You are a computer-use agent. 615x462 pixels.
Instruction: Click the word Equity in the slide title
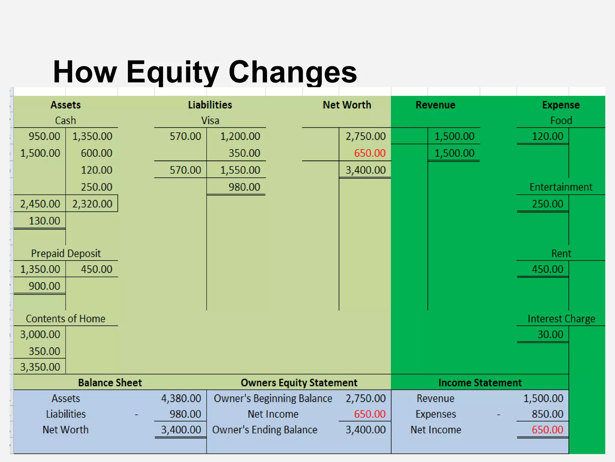click(x=172, y=72)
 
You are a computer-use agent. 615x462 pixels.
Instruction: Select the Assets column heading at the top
click(x=65, y=105)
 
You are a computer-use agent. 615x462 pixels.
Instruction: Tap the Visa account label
click(x=210, y=121)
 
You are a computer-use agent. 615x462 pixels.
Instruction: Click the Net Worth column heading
click(x=347, y=105)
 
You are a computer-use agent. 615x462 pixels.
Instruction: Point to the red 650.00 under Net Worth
click(x=370, y=153)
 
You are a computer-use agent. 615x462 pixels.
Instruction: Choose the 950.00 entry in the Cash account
click(x=44, y=136)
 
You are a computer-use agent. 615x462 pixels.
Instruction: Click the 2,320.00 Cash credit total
click(x=92, y=204)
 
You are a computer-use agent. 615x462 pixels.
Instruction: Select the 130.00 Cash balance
click(x=44, y=221)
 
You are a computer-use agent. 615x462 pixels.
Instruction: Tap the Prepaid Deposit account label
click(x=66, y=254)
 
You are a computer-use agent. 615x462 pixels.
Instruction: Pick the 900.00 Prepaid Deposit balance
click(x=44, y=286)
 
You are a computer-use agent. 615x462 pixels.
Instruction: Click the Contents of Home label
click(x=65, y=319)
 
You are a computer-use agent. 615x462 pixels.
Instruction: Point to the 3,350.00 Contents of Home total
click(x=40, y=367)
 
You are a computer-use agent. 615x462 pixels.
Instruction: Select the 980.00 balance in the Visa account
click(x=244, y=187)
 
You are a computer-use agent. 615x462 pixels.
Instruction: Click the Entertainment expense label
click(x=561, y=187)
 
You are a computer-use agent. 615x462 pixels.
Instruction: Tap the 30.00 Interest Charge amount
click(x=550, y=334)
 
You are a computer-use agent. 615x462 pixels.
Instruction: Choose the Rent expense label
click(x=561, y=254)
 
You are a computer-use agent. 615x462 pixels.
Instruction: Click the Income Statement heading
click(x=480, y=383)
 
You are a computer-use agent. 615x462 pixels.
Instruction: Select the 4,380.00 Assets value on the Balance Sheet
click(x=181, y=399)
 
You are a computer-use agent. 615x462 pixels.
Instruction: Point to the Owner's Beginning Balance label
click(x=273, y=399)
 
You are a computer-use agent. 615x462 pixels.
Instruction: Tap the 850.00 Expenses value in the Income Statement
click(x=547, y=414)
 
